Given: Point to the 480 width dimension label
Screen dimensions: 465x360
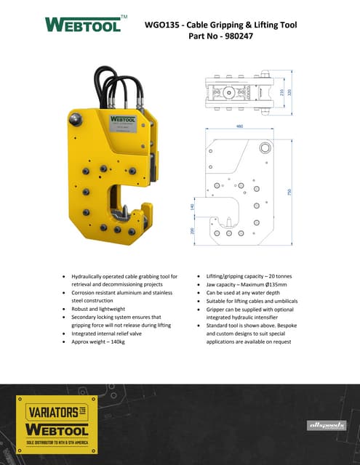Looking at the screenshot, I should [x=239, y=127].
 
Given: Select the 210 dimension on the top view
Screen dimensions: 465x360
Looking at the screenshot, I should [x=281, y=93].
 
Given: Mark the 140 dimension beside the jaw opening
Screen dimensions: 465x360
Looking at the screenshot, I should [x=193, y=207].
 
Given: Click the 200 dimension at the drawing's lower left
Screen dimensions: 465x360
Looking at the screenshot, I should [x=193, y=231].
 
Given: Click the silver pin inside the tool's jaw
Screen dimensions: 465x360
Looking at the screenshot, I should [x=124, y=211].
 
